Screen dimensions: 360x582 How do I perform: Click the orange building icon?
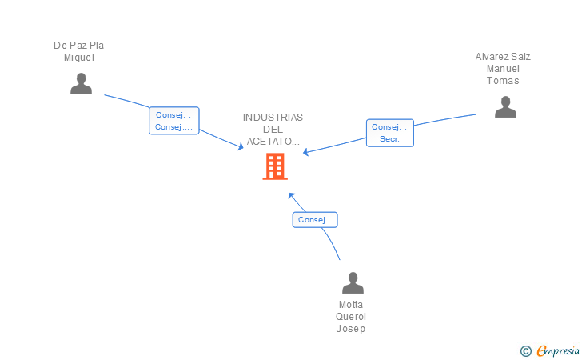tap(275, 166)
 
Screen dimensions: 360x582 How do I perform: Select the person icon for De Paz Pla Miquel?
tap(81, 84)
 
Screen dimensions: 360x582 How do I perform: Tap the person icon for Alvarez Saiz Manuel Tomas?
tap(505, 107)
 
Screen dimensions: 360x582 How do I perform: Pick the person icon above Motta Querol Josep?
tap(353, 283)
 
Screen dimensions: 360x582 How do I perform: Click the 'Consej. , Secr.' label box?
tap(390, 133)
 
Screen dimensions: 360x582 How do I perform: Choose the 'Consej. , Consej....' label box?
tap(173, 121)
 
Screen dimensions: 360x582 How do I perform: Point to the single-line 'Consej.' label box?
tap(314, 220)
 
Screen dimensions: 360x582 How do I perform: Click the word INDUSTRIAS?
tap(273, 118)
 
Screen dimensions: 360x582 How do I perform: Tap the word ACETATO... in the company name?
tap(273, 142)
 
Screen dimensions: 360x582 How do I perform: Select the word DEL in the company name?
tap(273, 130)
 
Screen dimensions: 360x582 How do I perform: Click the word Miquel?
tap(79, 58)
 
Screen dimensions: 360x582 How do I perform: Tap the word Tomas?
tap(503, 81)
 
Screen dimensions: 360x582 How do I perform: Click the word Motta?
tap(351, 305)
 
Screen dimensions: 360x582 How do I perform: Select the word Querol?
tap(351, 317)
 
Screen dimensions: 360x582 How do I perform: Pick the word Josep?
tap(351, 329)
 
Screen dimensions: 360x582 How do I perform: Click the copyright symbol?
tap(525, 350)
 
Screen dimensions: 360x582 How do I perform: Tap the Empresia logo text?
tap(558, 350)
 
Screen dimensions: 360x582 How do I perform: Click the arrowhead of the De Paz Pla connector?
tap(241, 147)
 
